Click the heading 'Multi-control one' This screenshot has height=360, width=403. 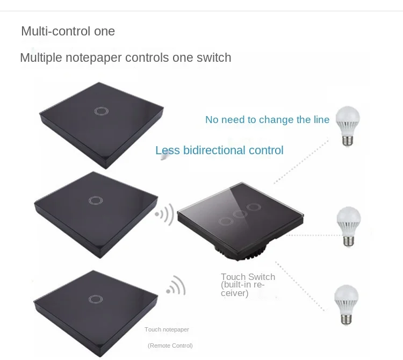pos(68,31)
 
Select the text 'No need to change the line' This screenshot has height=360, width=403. pos(267,120)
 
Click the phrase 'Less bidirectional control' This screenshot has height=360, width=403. pos(219,150)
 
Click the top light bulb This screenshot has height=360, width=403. pos(348,126)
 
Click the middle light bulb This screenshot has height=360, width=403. pos(349,227)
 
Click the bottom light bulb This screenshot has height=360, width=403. pos(346,305)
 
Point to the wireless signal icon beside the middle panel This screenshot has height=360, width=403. pos(165,214)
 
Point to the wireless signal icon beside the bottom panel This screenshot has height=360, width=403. pos(176,285)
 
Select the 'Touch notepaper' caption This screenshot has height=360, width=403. pos(167,329)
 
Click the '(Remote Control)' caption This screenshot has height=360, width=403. pos(170,345)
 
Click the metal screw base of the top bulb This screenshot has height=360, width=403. pos(348,140)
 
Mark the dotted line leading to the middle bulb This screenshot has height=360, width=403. pos(314,235)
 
